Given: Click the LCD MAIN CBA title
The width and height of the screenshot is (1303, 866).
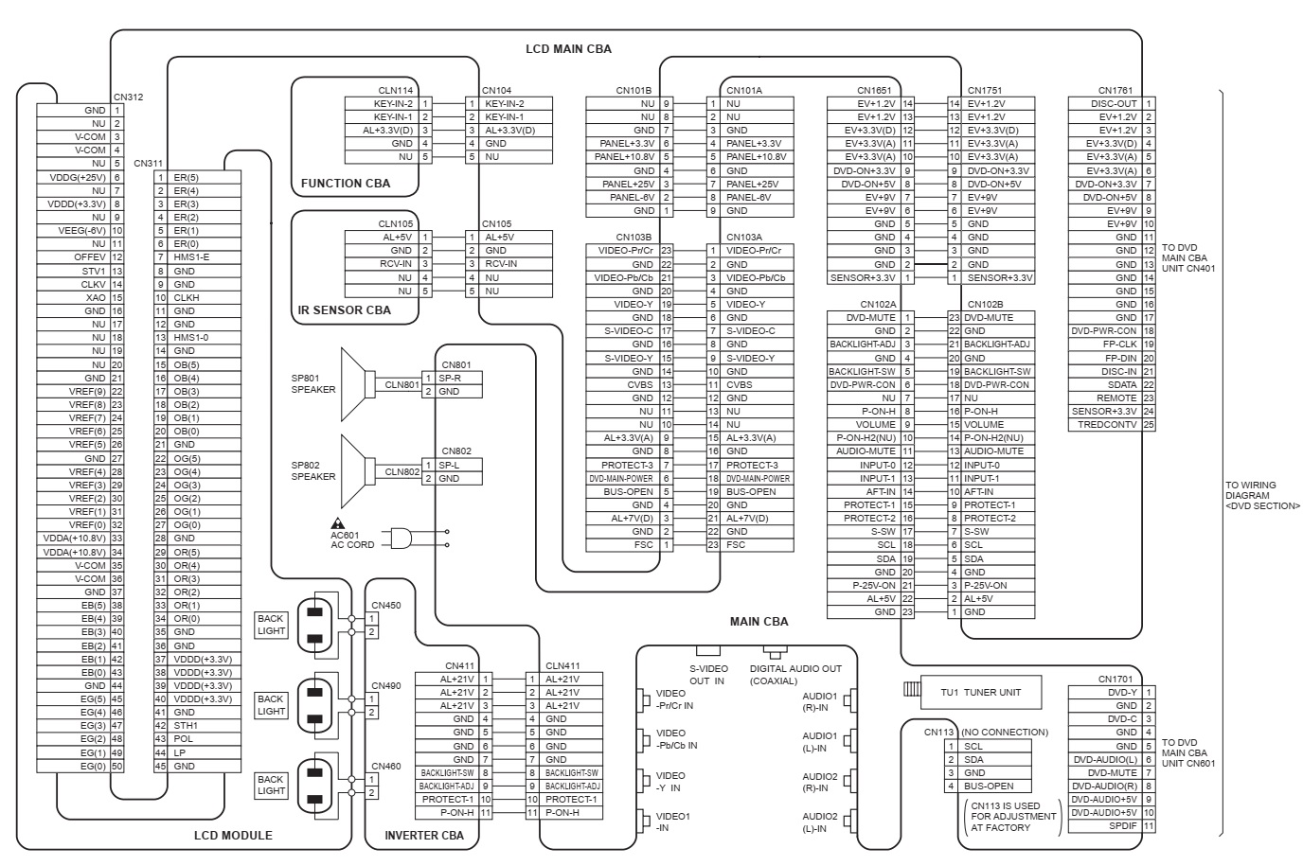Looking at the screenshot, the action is click(568, 49).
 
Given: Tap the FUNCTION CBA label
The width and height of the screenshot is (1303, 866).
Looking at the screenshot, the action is click(346, 183).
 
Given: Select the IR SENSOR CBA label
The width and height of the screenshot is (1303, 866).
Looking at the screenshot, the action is click(345, 309).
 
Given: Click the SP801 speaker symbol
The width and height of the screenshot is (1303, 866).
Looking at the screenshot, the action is click(358, 384).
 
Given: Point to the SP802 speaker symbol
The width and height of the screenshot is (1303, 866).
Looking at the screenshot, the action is click(358, 471).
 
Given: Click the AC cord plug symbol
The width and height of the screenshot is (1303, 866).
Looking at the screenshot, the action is click(401, 539).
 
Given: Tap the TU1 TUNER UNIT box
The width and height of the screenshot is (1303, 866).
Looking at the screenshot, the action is click(981, 692).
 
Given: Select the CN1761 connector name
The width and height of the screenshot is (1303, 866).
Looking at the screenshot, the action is click(1116, 90).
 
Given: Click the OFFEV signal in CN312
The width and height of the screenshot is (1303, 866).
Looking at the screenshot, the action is click(90, 256).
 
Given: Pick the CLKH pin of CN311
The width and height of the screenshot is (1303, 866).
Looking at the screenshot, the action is click(187, 297).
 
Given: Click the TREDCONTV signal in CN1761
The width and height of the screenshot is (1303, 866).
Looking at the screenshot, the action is click(1107, 425).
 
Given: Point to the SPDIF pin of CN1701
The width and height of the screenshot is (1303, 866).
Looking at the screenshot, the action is click(1123, 826).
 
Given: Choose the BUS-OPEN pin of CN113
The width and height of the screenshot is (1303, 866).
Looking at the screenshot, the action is click(989, 786).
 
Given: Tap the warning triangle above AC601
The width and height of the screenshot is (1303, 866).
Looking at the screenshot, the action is click(337, 523).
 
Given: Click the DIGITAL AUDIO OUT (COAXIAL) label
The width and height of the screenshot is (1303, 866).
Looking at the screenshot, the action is click(795, 675).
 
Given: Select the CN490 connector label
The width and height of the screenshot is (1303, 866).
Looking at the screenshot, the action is click(386, 686).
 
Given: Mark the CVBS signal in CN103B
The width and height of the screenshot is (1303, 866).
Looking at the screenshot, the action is click(640, 385).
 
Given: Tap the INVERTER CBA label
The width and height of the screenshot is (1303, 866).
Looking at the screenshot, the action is click(424, 835).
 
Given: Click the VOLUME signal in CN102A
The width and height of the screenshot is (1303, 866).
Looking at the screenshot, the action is click(875, 425).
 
